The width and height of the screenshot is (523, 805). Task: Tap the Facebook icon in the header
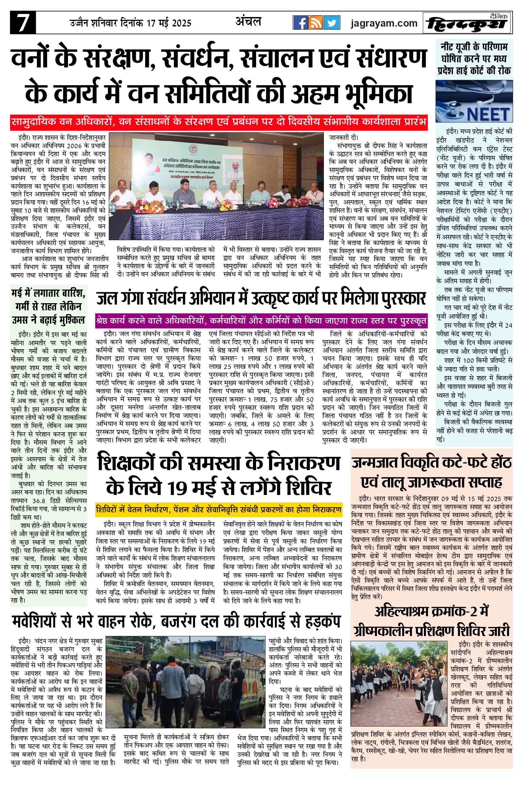(301, 23)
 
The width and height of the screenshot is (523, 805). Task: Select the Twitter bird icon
(332, 23)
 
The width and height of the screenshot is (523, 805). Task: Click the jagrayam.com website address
(384, 23)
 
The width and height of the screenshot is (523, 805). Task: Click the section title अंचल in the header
(248, 22)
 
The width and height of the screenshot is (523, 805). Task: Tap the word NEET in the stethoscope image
(488, 114)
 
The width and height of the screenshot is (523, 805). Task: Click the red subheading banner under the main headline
(219, 122)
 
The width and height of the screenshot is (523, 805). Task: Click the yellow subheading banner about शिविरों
(219, 510)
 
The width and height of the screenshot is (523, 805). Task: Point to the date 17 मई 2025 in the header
(169, 23)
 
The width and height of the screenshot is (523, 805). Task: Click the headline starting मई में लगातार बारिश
(48, 307)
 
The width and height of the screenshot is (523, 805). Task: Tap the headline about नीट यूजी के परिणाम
(474, 59)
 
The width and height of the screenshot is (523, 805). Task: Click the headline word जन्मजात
(374, 463)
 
